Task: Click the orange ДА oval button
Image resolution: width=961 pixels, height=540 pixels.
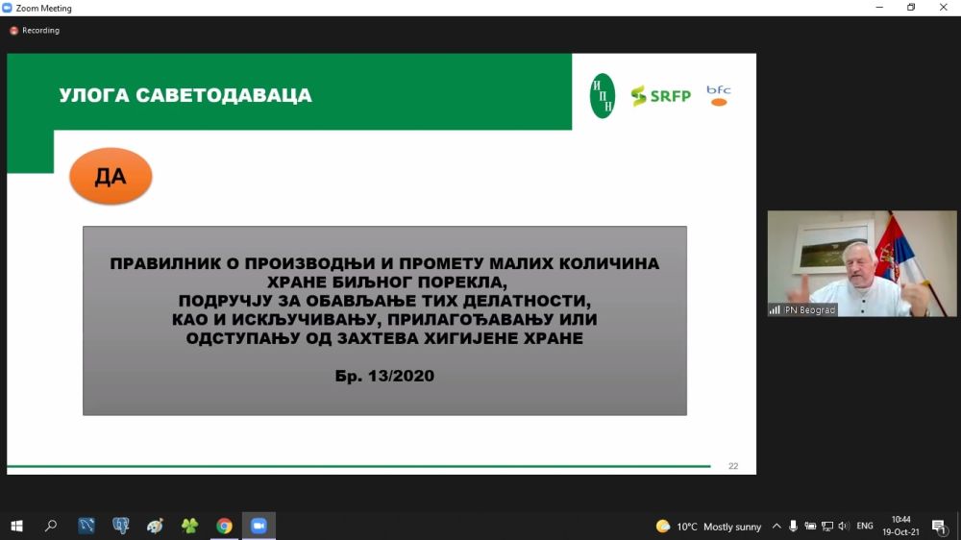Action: pyautogui.click(x=111, y=176)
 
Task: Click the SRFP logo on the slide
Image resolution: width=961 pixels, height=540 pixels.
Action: pyautogui.click(x=661, y=96)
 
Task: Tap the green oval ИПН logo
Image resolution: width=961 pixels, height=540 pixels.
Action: pyautogui.click(x=602, y=96)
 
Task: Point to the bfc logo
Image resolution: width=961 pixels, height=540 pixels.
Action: pyautogui.click(x=718, y=96)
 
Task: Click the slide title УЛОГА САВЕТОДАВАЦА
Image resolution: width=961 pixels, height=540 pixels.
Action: pyautogui.click(x=185, y=95)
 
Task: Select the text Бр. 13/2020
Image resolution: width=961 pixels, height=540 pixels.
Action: pyautogui.click(x=384, y=376)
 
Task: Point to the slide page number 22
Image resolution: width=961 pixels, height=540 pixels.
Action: pyautogui.click(x=733, y=466)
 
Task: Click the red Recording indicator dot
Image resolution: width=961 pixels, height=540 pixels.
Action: pyautogui.click(x=13, y=31)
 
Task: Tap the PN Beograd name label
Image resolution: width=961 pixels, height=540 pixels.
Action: pyautogui.click(x=809, y=310)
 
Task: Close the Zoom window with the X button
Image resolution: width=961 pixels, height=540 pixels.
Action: pyautogui.click(x=944, y=8)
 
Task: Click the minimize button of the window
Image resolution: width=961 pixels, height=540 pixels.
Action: pyautogui.click(x=879, y=8)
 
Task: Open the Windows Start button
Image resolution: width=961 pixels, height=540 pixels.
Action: pyautogui.click(x=16, y=526)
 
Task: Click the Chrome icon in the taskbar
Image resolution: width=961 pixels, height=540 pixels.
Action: pyautogui.click(x=224, y=526)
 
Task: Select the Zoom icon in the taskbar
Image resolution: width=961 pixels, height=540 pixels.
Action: pyautogui.click(x=259, y=526)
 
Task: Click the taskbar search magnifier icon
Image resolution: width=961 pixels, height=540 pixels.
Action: pyautogui.click(x=51, y=526)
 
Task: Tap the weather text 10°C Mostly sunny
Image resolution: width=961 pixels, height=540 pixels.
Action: pyautogui.click(x=718, y=527)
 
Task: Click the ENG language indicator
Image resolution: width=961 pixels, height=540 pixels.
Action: pyautogui.click(x=865, y=526)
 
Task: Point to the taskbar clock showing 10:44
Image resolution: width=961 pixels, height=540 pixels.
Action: pyautogui.click(x=900, y=520)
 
